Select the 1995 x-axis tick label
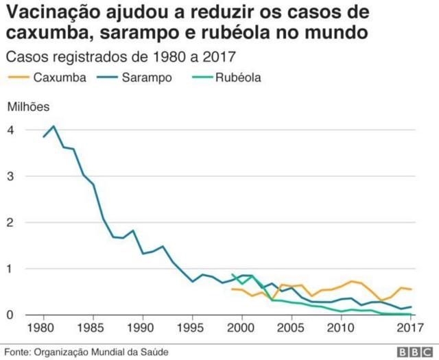[193, 327]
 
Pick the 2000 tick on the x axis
[242, 327]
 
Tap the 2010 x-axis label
[341, 327]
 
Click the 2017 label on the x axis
[410, 327]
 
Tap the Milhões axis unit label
[29, 106]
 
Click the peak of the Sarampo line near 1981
[54, 126]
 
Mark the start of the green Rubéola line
[233, 274]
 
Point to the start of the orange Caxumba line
[232, 289]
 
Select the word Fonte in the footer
[17, 352]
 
